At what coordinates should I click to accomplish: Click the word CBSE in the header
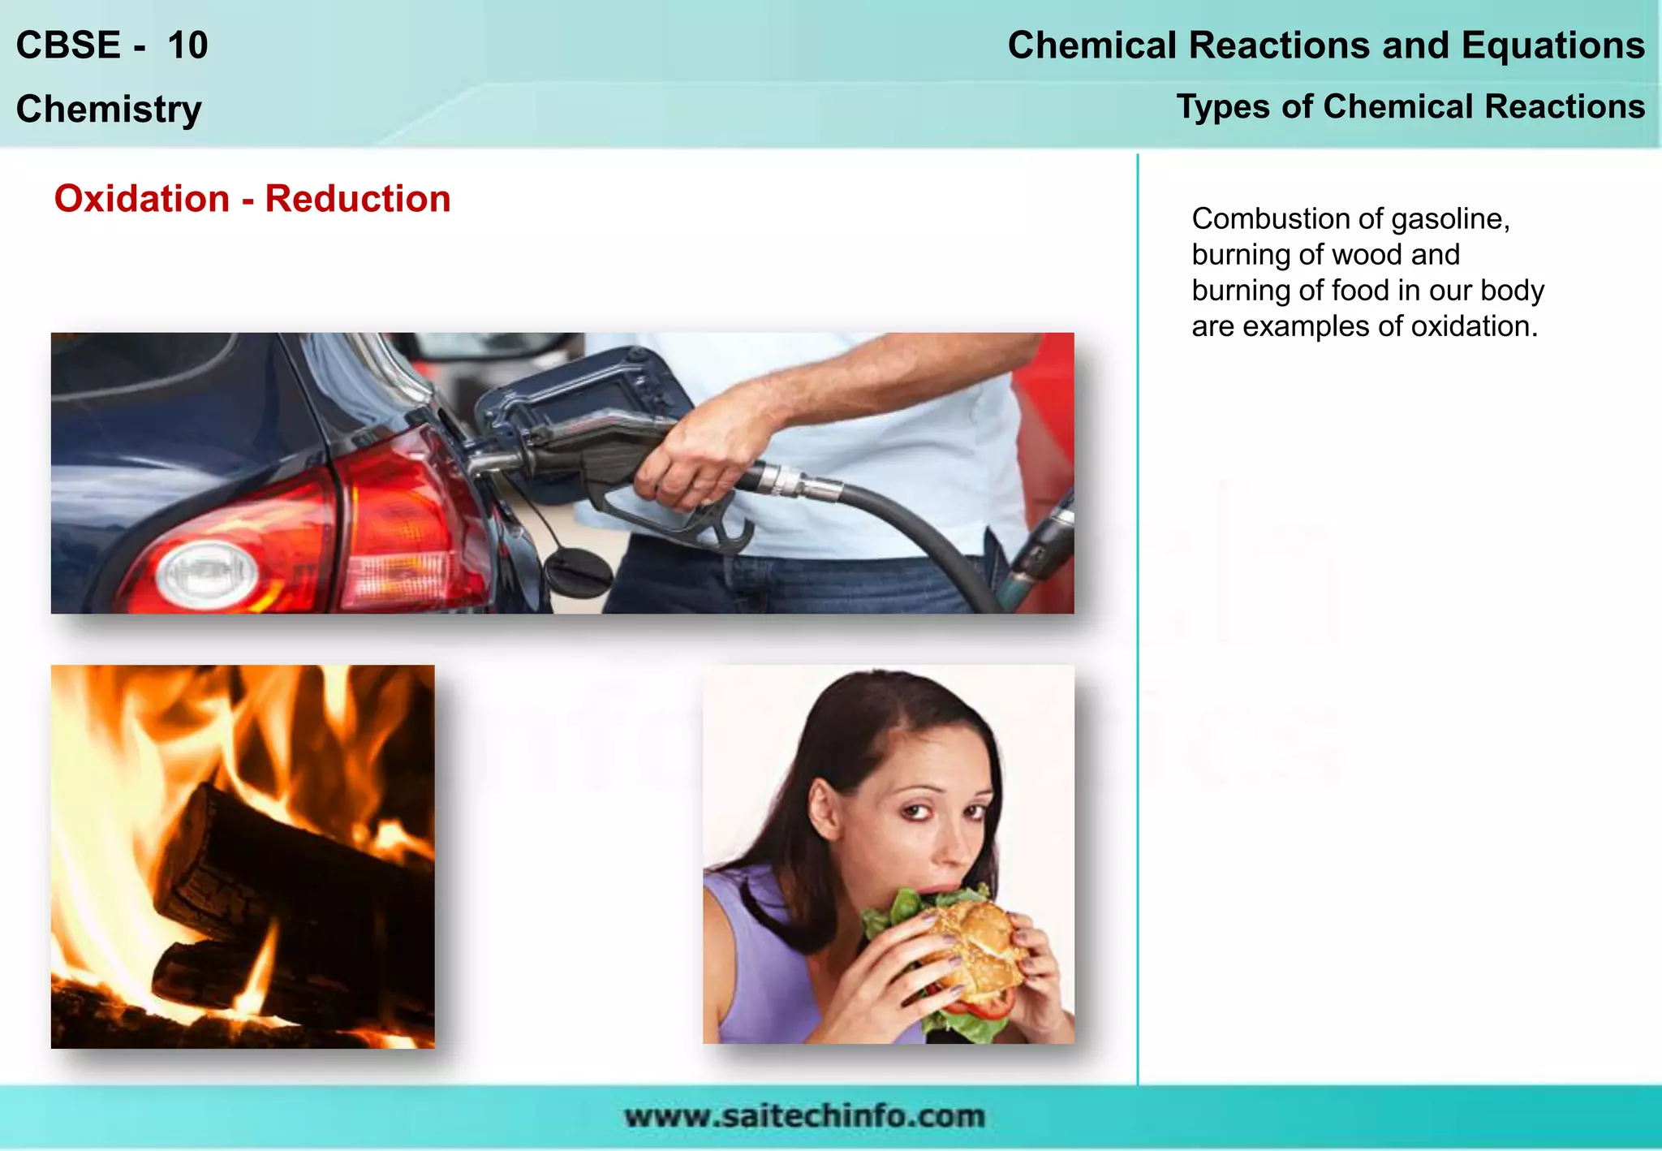click(68, 45)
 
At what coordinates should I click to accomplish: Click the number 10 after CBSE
click(187, 45)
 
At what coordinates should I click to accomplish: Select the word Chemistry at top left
click(109, 109)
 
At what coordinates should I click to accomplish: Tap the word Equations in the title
click(1552, 45)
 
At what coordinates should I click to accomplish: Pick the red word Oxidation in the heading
click(142, 199)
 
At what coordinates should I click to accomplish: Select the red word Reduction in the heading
click(358, 199)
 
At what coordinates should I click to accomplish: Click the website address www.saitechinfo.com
click(804, 1116)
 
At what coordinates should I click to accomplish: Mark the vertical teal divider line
click(1138, 617)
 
